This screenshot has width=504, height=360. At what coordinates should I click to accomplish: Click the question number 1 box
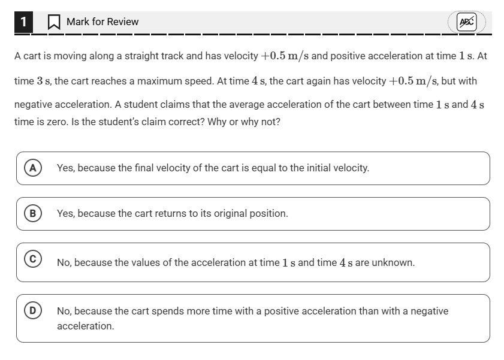tap(23, 22)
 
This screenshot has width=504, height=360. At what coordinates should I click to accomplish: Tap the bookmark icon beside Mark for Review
tap(54, 22)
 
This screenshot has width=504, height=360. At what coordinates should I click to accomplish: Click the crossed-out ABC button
tap(466, 22)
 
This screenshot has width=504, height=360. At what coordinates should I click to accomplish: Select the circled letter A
tap(32, 168)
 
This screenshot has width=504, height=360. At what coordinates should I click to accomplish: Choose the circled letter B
tap(32, 213)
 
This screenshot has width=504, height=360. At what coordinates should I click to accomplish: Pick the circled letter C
tap(32, 259)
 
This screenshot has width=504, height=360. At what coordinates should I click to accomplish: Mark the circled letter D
tap(32, 311)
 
